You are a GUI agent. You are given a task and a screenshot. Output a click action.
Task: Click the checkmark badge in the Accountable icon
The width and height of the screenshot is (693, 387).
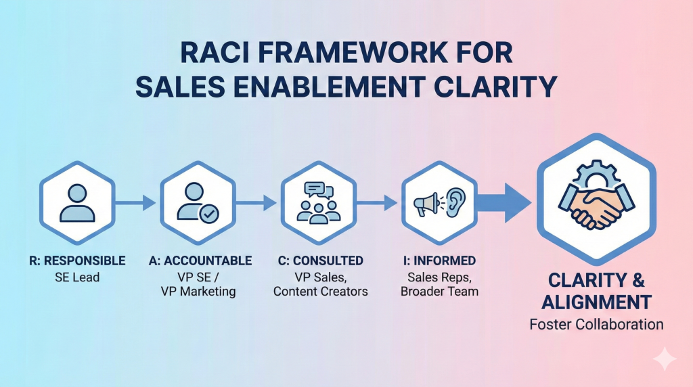208,213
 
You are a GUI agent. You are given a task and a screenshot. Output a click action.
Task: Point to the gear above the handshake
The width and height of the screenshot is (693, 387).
596,168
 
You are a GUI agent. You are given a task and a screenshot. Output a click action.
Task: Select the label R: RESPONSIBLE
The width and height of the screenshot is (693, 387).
78,260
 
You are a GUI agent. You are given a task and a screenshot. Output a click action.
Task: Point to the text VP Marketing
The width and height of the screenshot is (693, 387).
199,292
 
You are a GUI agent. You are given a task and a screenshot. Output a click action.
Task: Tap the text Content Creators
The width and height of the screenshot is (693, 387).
321,292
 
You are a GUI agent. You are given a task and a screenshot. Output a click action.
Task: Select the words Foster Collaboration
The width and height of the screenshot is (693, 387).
596,324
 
